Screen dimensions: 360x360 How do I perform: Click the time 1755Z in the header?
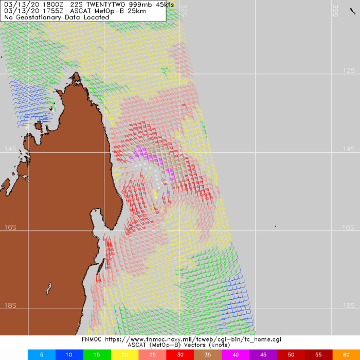click(x=48, y=11)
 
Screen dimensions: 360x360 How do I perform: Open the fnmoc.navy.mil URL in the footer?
click(x=198, y=339)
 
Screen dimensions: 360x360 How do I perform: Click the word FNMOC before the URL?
click(x=93, y=339)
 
